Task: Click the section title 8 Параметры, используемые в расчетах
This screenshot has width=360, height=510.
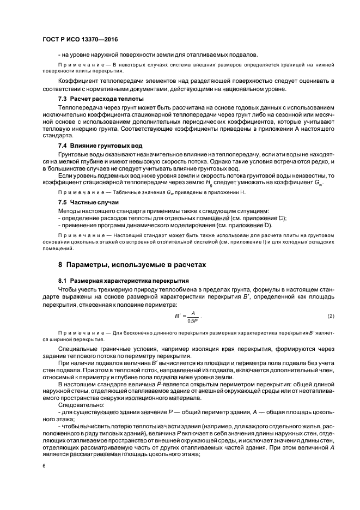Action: point(133,264)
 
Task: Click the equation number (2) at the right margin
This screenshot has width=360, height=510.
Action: point(331,317)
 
